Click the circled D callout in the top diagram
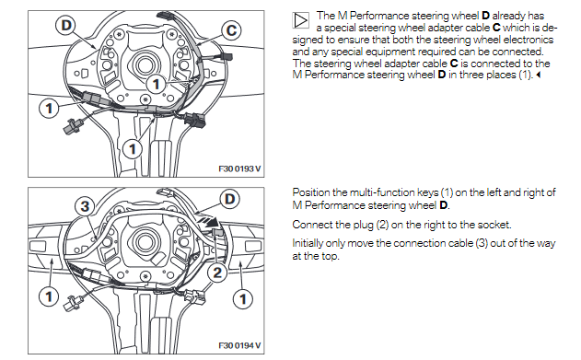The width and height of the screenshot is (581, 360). pyautogui.click(x=66, y=26)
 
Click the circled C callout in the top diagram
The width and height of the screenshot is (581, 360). pyautogui.click(x=231, y=30)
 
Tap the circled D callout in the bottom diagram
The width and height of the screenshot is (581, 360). pyautogui.click(x=230, y=199)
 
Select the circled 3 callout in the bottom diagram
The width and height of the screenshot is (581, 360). pyautogui.click(x=85, y=206)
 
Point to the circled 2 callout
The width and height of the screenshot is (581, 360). pyautogui.click(x=217, y=273)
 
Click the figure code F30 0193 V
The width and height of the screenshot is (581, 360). pyautogui.click(x=239, y=168)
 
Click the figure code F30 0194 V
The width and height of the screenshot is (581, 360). pyautogui.click(x=239, y=345)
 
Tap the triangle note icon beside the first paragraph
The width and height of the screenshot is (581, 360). pyautogui.click(x=300, y=20)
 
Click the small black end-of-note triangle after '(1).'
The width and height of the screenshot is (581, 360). pyautogui.click(x=539, y=75)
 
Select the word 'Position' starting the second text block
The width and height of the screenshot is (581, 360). pyautogui.click(x=311, y=192)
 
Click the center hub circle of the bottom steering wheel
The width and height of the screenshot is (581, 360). pyautogui.click(x=144, y=242)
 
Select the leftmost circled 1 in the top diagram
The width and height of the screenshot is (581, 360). pyautogui.click(x=49, y=109)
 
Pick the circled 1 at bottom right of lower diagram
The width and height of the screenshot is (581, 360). pyautogui.click(x=243, y=299)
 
